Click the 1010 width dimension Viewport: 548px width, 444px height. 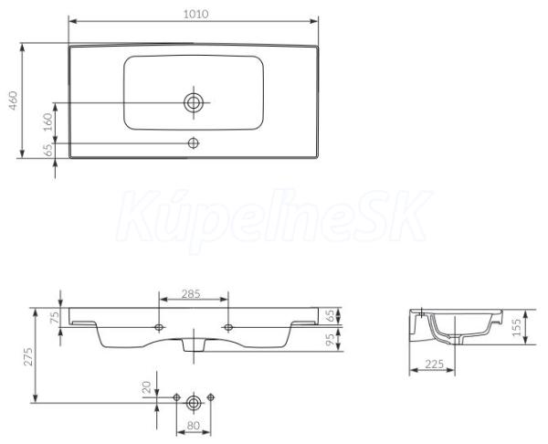click(195, 14)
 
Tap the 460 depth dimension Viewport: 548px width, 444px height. click(13, 100)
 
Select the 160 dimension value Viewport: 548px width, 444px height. click(47, 122)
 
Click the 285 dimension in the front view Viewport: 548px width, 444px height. click(191, 294)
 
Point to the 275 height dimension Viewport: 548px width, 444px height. click(28, 356)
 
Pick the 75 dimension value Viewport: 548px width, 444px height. click(55, 318)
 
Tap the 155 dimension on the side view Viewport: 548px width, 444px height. click(516, 327)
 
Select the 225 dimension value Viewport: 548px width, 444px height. click(434, 364)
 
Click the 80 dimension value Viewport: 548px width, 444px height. click(194, 426)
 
